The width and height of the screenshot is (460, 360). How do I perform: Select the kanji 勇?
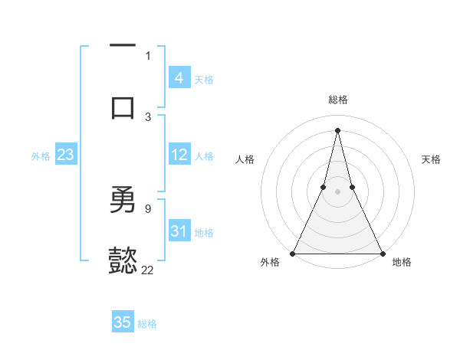123,200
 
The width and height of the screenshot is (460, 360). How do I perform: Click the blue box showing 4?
179,78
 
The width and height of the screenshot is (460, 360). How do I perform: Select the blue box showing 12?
179,155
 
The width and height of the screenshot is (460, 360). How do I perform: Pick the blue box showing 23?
66,155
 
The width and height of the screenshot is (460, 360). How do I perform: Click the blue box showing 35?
123,322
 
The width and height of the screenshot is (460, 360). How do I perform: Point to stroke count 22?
147,270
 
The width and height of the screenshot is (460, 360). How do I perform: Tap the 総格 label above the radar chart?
338,100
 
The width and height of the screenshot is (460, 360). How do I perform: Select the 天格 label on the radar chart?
431,159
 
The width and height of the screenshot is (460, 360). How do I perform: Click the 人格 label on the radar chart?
245,159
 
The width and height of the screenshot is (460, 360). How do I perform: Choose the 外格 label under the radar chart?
270,262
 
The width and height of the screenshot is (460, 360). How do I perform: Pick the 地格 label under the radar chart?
402,262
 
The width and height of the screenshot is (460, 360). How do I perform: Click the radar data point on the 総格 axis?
337,129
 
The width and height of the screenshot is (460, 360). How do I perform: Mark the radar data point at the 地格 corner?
381,253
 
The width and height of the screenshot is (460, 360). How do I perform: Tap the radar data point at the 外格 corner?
294,253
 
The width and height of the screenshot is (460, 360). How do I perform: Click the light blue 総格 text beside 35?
147,324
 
